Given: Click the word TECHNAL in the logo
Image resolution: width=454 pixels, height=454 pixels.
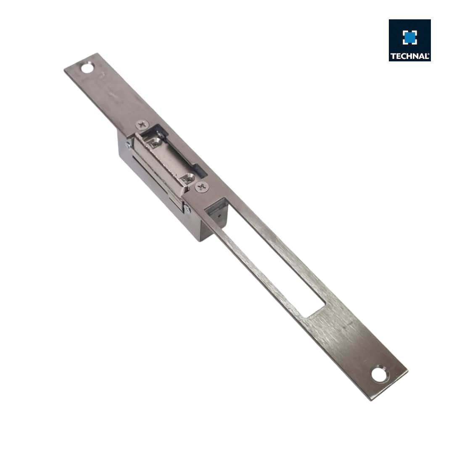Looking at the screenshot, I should click(x=409, y=56).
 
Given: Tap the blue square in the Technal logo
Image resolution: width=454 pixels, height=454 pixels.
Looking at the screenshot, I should click(x=410, y=37).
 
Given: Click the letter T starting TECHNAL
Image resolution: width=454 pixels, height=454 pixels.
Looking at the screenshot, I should click(x=393, y=56).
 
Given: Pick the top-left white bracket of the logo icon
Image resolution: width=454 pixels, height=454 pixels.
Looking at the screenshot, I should click(x=405, y=32).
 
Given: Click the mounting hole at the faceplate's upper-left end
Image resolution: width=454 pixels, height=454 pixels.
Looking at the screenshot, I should click(x=87, y=67).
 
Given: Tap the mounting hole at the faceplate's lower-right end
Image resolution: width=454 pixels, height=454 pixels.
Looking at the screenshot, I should click(x=379, y=374).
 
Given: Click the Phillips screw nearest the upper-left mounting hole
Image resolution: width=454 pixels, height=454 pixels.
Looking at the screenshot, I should click(x=143, y=124).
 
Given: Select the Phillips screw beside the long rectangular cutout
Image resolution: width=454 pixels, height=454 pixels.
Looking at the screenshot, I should click(x=202, y=187).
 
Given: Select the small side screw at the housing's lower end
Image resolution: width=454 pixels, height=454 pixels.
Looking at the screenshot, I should click(x=187, y=209).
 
